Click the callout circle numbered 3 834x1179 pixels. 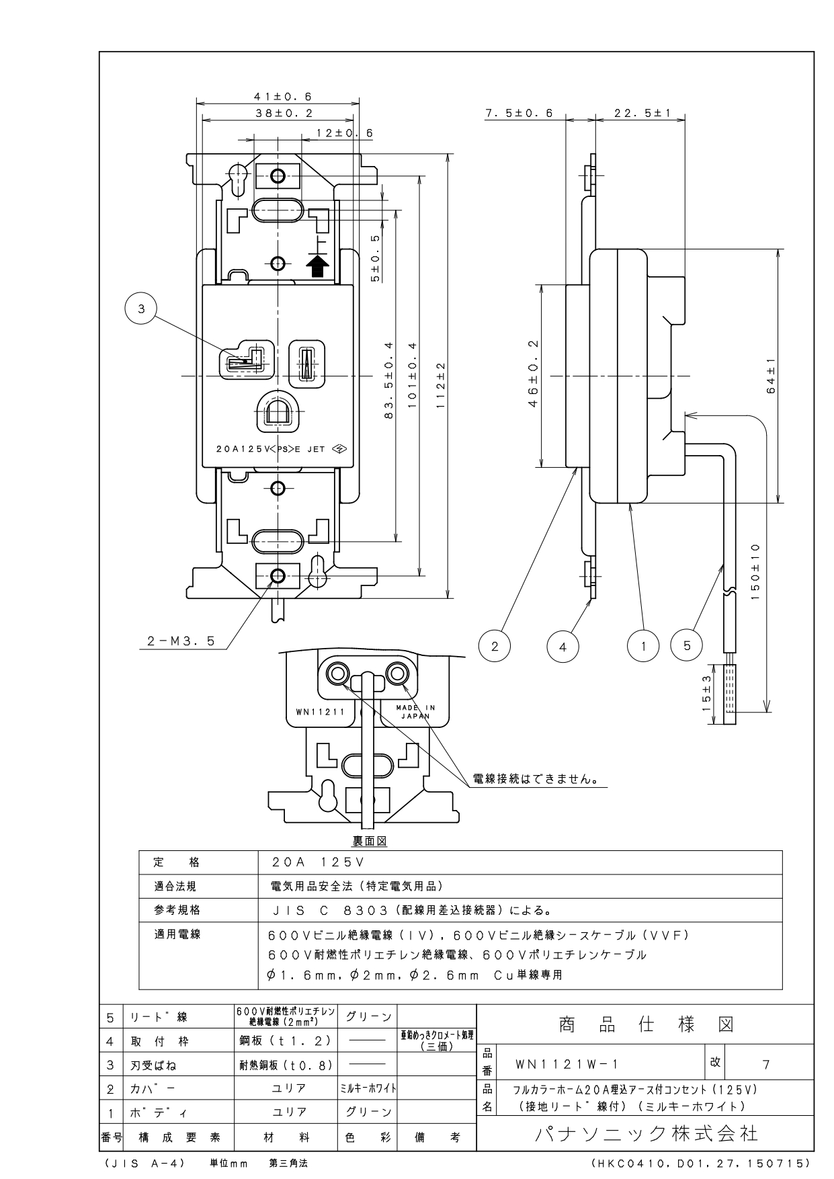[141, 309]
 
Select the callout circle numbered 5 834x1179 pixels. [687, 646]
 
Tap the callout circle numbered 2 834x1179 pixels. [495, 647]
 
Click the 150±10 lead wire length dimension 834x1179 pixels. [755, 569]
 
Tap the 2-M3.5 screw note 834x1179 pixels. [181, 641]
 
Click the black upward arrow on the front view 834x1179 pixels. [318, 266]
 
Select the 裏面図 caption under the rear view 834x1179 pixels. [370, 841]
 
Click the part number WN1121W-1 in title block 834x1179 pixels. [567, 1064]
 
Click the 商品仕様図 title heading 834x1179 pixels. [646, 1024]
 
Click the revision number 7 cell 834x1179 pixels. [765, 1064]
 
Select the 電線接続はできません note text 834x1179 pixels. [536, 779]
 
